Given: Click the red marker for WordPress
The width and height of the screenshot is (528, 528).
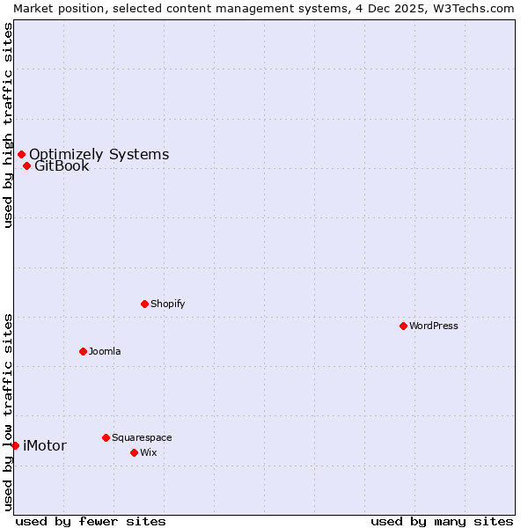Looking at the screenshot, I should pyautogui.click(x=403, y=326).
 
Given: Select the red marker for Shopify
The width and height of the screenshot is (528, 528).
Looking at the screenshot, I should pyautogui.click(x=144, y=304).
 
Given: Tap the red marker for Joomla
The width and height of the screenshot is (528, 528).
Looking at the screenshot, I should pyautogui.click(x=83, y=351).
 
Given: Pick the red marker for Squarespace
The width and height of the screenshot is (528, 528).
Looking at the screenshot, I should pyautogui.click(x=106, y=437).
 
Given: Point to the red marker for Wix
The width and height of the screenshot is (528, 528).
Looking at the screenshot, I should pyautogui.click(x=134, y=452).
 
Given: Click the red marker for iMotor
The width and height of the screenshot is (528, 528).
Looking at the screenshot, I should pyautogui.click(x=15, y=445).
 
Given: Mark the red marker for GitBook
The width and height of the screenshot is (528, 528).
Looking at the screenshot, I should pyautogui.click(x=26, y=165).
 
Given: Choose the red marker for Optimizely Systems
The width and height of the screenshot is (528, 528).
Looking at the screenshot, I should pyautogui.click(x=21, y=155).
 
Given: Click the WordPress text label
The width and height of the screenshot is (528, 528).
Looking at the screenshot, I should pyautogui.click(x=434, y=326).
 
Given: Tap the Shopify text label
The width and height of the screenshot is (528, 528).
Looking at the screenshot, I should pyautogui.click(x=167, y=304).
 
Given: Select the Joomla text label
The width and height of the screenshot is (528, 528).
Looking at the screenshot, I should pyautogui.click(x=105, y=351).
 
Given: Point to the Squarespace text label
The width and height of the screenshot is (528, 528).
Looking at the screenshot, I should pyautogui.click(x=142, y=437).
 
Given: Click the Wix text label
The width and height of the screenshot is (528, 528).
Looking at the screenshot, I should pyautogui.click(x=149, y=452).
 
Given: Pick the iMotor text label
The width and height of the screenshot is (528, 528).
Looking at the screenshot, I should pyautogui.click(x=44, y=445).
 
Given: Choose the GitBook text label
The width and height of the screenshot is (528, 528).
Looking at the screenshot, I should pyautogui.click(x=62, y=166).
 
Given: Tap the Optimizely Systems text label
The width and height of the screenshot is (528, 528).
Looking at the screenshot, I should pyautogui.click(x=99, y=155).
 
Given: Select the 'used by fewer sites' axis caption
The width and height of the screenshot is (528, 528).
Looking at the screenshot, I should pyautogui.click(x=91, y=521).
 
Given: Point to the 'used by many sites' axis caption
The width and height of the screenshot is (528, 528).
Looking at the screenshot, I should pyautogui.click(x=442, y=521).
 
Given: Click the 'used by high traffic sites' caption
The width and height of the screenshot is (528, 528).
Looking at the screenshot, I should pyautogui.click(x=8, y=125).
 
